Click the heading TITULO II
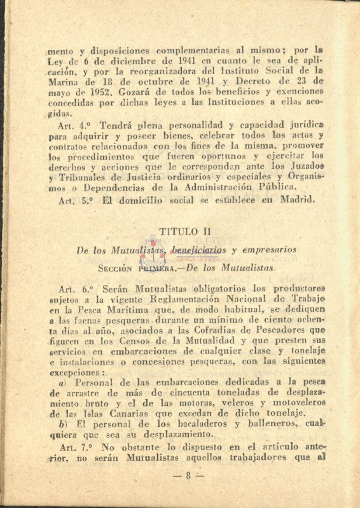coord(180,231)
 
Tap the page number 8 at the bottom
coord(188,476)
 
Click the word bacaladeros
coord(170,424)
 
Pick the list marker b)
coord(63,424)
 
